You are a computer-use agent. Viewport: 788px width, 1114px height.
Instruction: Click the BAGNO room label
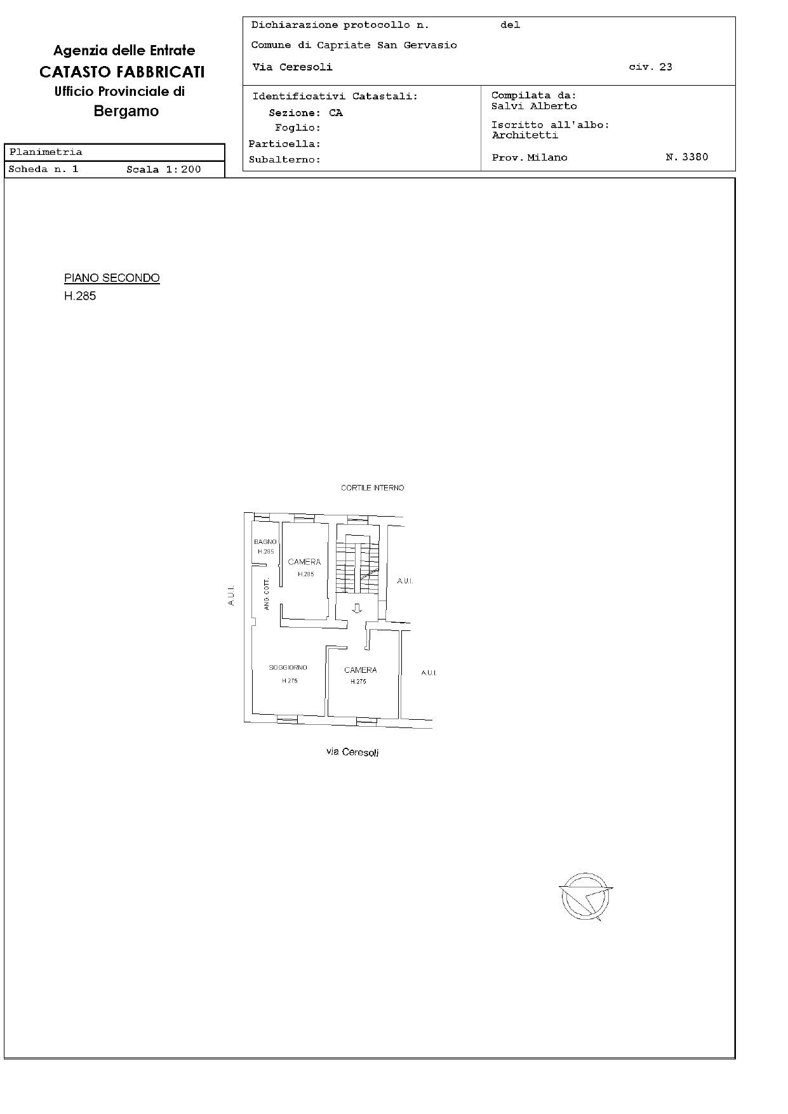click(x=265, y=541)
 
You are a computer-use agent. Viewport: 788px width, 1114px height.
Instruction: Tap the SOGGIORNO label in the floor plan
click(x=288, y=667)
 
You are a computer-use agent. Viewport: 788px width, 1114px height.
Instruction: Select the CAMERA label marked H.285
click(x=304, y=562)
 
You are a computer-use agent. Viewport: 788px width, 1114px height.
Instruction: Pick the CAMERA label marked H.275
click(x=360, y=670)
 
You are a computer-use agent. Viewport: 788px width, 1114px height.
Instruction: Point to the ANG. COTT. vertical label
click(x=267, y=595)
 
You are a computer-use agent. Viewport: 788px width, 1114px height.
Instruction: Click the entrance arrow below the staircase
click(x=357, y=608)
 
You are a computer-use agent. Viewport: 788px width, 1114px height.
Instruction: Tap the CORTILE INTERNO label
click(x=372, y=487)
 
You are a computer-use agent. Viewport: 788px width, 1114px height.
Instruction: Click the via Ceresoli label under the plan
click(x=352, y=752)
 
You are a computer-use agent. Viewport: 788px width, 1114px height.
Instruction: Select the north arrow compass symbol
click(x=585, y=896)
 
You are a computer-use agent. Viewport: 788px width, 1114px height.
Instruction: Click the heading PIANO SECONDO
click(x=112, y=278)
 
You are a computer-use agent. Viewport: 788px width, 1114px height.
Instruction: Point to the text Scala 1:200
click(x=163, y=169)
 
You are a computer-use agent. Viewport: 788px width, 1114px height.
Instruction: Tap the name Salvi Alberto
click(x=534, y=106)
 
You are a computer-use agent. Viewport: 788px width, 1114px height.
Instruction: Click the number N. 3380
click(x=686, y=157)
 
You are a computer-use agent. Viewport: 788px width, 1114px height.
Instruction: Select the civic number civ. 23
click(x=650, y=67)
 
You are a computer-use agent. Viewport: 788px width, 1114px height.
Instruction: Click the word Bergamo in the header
click(x=126, y=111)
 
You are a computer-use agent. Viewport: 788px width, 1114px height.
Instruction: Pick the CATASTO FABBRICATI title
click(x=122, y=72)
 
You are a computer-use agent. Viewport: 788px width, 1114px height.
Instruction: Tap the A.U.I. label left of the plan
click(x=231, y=595)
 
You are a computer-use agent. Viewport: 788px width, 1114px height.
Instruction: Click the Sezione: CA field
click(x=305, y=113)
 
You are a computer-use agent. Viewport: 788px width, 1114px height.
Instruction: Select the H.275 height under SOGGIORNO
click(x=290, y=680)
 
